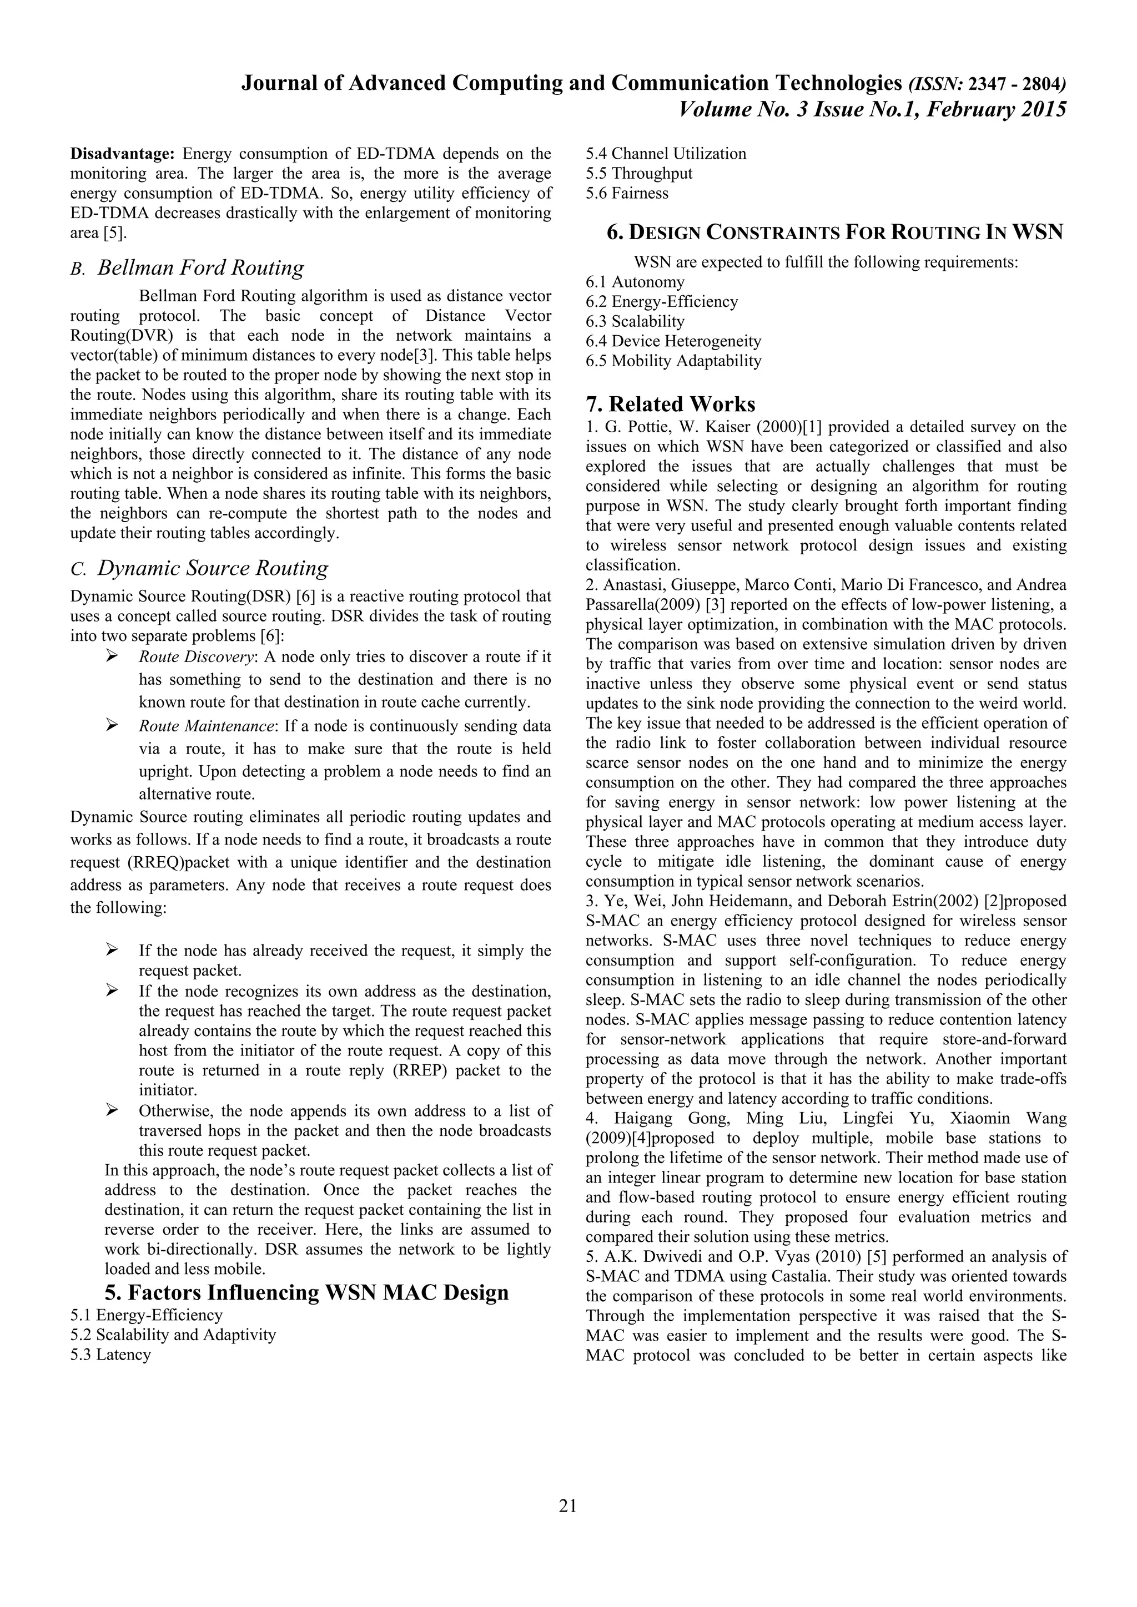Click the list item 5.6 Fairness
coord(627,193)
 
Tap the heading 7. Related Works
coord(670,404)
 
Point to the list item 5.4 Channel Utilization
coord(666,153)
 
